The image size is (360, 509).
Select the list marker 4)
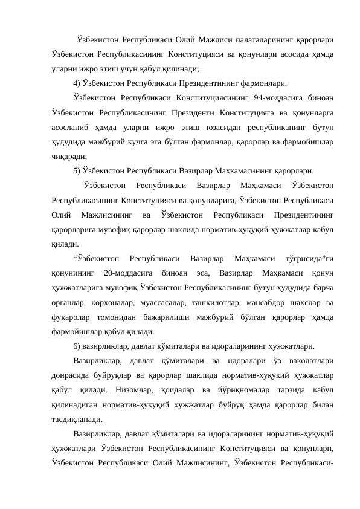pyautogui.click(x=77, y=83)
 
